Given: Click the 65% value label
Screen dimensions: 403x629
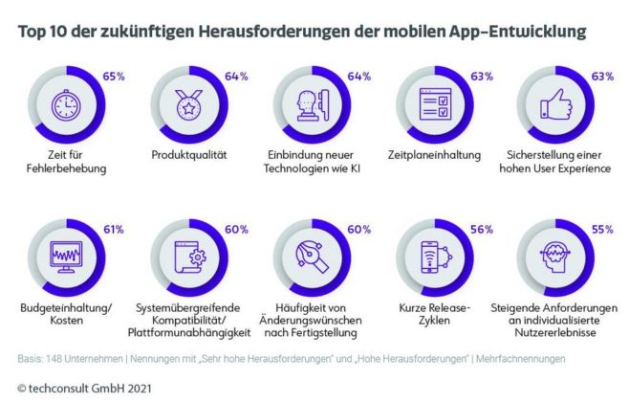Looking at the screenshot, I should coord(113,75).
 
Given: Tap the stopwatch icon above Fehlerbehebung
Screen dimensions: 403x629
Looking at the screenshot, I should coord(65,103).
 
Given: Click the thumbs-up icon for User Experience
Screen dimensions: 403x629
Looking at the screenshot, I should coord(555,104).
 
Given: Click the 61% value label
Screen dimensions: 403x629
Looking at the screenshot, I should coord(113,231).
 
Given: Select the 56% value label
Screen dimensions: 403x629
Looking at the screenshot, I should coord(480,231).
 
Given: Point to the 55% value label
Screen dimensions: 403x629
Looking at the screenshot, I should coord(602,231).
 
